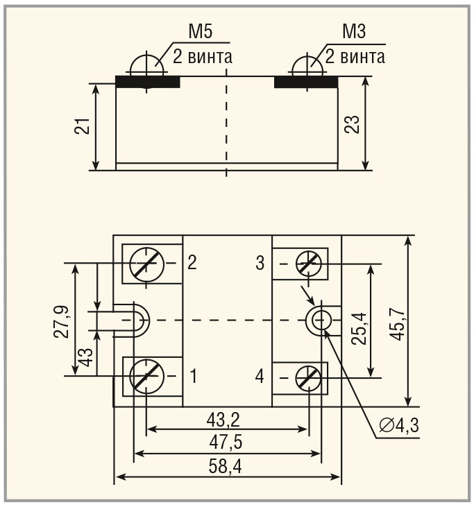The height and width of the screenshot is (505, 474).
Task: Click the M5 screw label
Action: pyautogui.click(x=201, y=32)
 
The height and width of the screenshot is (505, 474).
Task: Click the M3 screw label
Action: pyautogui.click(x=354, y=32)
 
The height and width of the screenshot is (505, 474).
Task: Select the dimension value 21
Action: pyautogui.click(x=82, y=126)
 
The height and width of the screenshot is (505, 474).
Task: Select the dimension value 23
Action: pyautogui.click(x=352, y=124)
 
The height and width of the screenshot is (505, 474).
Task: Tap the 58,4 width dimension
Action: pyautogui.click(x=226, y=466)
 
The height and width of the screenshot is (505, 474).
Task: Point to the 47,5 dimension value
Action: pyautogui.click(x=226, y=442)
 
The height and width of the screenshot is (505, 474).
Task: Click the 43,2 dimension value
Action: pyautogui.click(x=223, y=420)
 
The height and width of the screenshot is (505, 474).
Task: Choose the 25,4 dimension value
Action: pyautogui.click(x=359, y=329)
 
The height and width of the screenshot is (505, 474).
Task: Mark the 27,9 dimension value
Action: pyautogui.click(x=61, y=321)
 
